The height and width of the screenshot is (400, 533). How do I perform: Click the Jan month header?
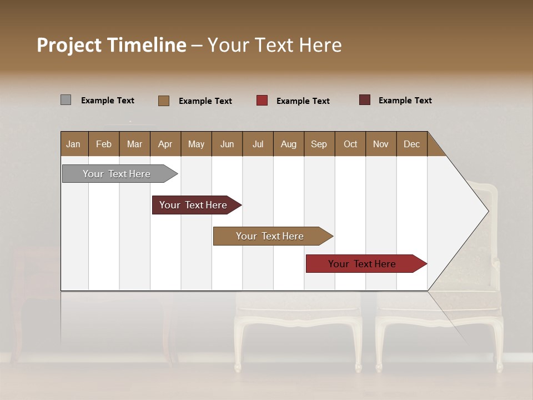tap(73, 144)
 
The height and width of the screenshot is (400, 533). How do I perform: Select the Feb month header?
tap(104, 144)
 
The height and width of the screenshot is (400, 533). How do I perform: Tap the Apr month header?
tap(165, 144)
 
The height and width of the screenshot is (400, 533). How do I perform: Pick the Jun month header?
tap(227, 144)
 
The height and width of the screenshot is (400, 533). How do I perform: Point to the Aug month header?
tap(288, 144)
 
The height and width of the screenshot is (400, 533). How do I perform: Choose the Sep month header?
tap(319, 144)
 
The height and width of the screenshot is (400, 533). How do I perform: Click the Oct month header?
tap(350, 144)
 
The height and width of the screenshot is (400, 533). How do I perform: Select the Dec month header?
tap(411, 144)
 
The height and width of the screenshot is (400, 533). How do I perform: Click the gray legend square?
tap(66, 100)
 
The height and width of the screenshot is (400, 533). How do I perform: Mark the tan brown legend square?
tap(164, 101)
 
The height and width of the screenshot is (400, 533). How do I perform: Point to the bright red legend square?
tap(262, 100)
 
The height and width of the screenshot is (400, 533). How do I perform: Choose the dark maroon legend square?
tap(365, 100)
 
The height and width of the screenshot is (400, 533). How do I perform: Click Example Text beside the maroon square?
tap(405, 100)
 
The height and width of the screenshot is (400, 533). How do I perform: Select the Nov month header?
tap(380, 144)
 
